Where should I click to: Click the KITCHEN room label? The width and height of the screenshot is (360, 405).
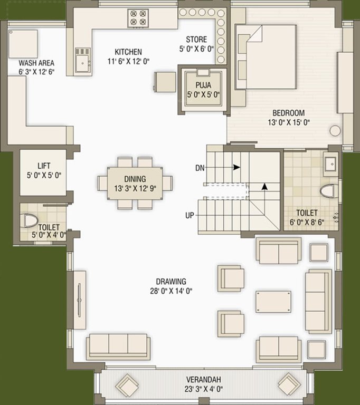tap(128, 52)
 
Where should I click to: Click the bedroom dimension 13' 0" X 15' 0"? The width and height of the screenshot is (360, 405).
tap(288, 122)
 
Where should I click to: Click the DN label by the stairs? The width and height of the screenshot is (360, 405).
tap(200, 168)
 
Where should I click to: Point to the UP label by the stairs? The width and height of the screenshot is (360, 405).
tap(189, 215)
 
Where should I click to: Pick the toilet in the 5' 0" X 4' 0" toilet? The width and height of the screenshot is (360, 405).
tap(30, 220)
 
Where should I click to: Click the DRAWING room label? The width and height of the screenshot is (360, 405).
tap(170, 282)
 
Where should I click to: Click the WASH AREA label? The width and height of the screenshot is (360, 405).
tap(36, 62)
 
